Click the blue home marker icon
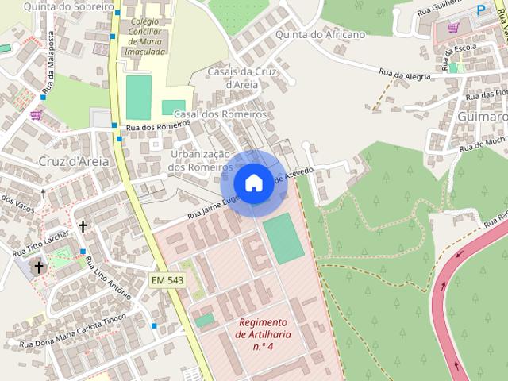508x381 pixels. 253,183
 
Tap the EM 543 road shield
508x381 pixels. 167,279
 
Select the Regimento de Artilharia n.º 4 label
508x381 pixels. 264,334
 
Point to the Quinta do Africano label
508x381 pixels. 321,35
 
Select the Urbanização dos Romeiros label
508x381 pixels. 199,160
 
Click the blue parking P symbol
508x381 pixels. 482,10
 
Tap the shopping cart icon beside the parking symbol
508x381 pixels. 453,27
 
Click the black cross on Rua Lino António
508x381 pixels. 83,226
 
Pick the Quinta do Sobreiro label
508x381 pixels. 55,6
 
